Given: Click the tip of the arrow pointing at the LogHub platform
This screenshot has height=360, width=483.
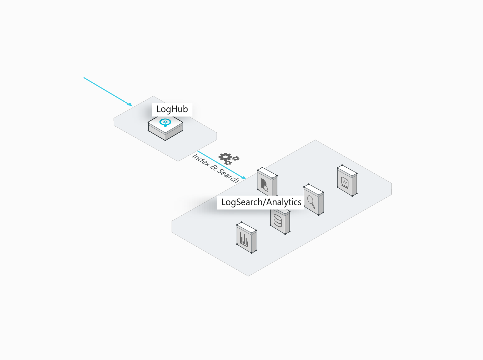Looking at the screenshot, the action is coord(132,106).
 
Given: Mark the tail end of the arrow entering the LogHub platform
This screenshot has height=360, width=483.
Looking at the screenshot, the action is coord(84,78).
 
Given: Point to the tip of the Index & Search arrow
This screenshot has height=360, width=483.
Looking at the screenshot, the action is coord(246,179).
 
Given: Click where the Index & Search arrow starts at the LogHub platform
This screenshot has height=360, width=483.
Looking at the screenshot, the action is coord(198,151).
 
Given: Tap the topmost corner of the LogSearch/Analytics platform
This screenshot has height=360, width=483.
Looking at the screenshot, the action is coord(315,140).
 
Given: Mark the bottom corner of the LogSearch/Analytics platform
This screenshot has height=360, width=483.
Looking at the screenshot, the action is coord(248,276).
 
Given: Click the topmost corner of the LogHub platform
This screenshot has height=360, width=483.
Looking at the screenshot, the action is coord(153,96).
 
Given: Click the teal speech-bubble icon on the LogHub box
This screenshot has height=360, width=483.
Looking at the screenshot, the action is coord(165,122).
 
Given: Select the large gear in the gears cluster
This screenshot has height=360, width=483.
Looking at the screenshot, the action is coord(225,157).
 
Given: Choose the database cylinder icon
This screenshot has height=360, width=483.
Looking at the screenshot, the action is coord(278,220).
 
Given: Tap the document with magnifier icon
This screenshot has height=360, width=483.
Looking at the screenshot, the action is coord(264,185).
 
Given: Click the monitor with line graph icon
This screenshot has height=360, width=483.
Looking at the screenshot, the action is coord(345,183).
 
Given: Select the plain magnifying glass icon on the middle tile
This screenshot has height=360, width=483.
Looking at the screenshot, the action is coord(311,202).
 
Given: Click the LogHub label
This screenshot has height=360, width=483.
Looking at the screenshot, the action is coord(172,109).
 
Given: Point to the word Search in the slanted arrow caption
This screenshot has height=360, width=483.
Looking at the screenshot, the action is coord(228,176).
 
